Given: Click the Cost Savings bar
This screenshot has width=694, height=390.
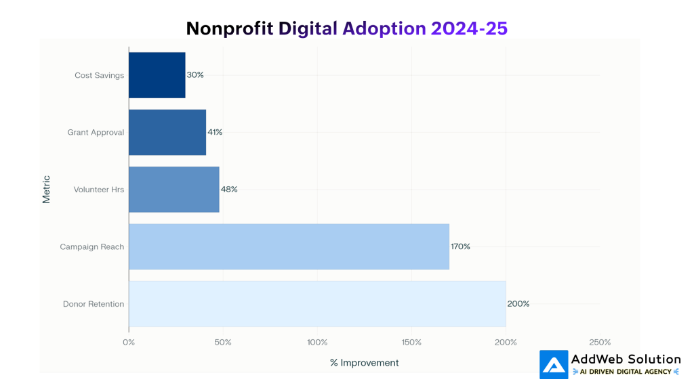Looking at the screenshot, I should click(x=157, y=75).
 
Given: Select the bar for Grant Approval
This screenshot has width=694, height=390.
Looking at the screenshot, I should click(x=167, y=132).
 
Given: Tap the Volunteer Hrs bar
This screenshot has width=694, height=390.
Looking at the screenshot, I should click(x=173, y=190).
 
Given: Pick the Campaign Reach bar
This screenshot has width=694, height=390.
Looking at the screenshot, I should click(x=289, y=246).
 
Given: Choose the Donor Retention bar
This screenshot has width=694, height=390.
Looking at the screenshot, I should click(x=317, y=304).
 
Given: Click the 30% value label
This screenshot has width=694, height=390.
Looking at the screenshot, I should click(x=195, y=75).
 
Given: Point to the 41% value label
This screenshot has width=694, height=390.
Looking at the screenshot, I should click(x=215, y=132).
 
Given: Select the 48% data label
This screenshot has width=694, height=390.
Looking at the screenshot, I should click(x=229, y=190).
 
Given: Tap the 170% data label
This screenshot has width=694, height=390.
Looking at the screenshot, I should click(x=460, y=246).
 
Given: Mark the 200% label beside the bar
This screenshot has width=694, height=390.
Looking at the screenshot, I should click(x=518, y=304).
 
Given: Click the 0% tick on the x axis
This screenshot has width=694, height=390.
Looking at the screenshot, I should click(x=129, y=342).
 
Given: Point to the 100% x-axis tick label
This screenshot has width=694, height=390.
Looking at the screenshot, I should click(x=317, y=342).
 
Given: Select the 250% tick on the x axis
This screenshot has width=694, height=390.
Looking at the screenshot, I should click(x=600, y=342).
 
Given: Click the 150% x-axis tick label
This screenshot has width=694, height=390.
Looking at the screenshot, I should click(x=411, y=342).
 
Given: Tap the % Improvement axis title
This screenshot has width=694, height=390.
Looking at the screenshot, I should click(x=365, y=363).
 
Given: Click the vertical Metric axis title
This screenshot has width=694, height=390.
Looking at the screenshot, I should click(x=47, y=190).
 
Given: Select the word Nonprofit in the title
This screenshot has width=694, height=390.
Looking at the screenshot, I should click(x=229, y=28).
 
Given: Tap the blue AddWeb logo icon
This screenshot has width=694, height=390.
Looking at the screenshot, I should click(x=554, y=364).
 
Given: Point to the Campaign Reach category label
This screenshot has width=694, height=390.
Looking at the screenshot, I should click(x=92, y=247).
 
